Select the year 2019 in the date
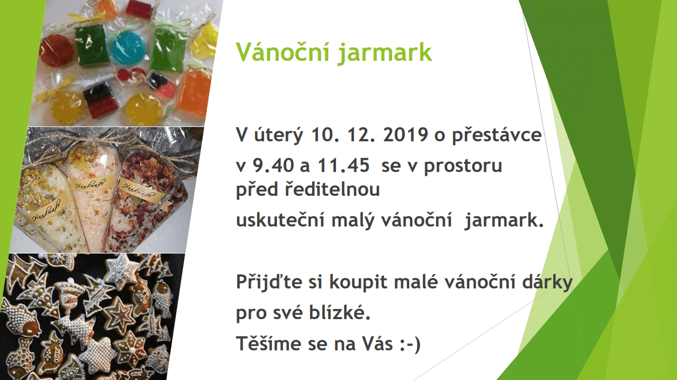coord(405,134)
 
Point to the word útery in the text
coord(278,135)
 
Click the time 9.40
coord(273,165)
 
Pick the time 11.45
coord(344,165)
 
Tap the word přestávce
coord(497,135)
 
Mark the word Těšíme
coord(268,343)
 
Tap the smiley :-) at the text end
coord(410,344)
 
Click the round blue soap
coord(128,48)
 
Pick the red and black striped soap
coord(100,99)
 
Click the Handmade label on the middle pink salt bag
coord(91,184)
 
